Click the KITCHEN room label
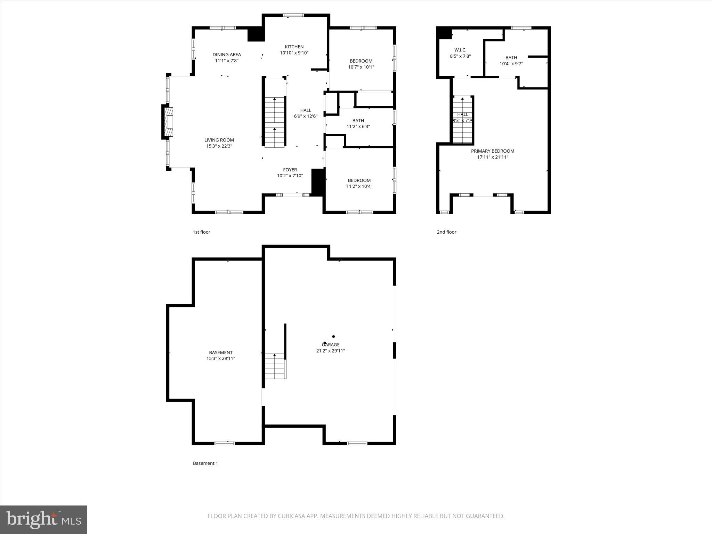(294, 47)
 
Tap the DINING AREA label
(227, 55)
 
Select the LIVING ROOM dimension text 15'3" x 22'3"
(219, 146)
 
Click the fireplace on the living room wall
(168, 122)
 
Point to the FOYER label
(290, 170)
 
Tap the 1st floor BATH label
(358, 121)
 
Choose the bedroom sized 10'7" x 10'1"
(361, 64)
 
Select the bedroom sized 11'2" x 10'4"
(359, 183)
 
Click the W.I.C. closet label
(460, 50)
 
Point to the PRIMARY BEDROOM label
(492, 151)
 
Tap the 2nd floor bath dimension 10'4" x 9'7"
(511, 64)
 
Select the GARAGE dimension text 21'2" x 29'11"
(330, 351)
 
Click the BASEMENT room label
(220, 353)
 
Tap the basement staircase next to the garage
(275, 366)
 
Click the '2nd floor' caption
(446, 232)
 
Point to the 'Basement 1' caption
(205, 463)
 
